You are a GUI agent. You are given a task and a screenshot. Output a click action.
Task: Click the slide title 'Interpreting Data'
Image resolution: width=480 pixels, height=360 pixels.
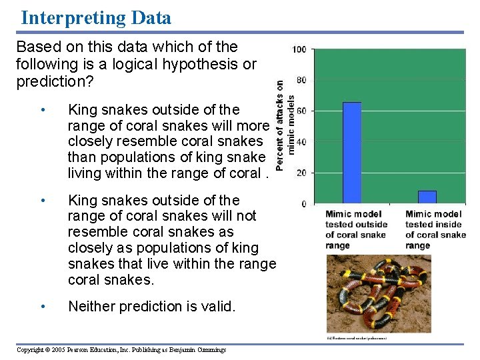pos(96,17)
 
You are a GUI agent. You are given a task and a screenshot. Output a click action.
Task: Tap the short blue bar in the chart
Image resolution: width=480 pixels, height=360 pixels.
pos(427,197)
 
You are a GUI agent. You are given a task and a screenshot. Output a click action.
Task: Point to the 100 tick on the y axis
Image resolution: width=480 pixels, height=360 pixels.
pos(299,49)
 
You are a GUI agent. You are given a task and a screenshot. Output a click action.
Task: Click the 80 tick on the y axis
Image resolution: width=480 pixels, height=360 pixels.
pos(301,80)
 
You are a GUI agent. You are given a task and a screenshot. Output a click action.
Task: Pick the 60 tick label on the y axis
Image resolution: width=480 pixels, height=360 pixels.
pos(301,111)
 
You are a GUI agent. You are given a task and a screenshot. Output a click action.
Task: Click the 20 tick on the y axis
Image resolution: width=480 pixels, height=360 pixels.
pos(301,173)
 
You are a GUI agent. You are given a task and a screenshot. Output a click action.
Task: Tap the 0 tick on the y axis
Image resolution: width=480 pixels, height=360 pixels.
pos(304,203)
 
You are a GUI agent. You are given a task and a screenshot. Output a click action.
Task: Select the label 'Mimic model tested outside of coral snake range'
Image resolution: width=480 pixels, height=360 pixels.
pos(356,229)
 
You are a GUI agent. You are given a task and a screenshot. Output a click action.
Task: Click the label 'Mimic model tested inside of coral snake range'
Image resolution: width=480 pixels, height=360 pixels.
pos(435,229)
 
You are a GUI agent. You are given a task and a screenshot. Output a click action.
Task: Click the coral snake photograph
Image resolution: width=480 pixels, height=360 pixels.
pos(378,293)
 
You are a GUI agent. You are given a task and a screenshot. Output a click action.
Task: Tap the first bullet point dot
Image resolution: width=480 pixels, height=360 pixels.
pos(43,109)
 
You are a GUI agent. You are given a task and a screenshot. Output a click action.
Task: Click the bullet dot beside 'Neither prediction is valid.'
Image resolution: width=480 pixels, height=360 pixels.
pos(43,307)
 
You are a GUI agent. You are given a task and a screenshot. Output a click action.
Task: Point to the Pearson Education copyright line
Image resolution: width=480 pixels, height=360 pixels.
pos(121,350)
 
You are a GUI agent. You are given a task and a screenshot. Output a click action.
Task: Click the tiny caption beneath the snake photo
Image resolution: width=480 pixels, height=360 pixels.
pos(360,338)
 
